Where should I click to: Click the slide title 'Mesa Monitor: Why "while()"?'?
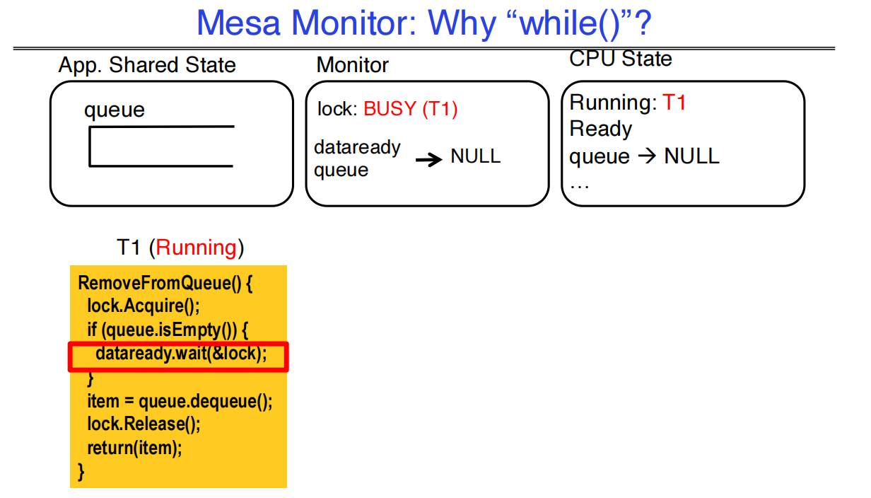click(423, 24)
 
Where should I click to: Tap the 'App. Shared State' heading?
click(147, 65)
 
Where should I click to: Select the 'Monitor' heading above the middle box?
click(352, 65)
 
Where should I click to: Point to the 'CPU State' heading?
click(620, 59)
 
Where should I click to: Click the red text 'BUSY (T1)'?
click(410, 109)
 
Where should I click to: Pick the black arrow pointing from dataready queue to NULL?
click(428, 160)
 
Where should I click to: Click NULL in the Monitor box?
click(475, 156)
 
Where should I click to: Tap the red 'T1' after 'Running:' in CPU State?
click(674, 103)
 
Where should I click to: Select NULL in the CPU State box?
click(691, 156)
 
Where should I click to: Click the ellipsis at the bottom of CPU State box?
click(580, 184)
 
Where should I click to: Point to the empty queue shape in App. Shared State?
click(161, 146)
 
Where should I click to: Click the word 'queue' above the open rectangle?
click(115, 110)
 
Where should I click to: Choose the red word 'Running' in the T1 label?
click(197, 248)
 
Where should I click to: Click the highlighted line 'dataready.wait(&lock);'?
click(181, 353)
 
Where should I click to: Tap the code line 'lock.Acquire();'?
click(144, 306)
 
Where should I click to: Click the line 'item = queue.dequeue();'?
click(180, 401)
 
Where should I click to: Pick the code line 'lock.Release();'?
click(144, 424)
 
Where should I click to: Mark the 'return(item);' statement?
click(134, 448)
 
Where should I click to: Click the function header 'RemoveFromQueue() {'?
click(165, 283)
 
